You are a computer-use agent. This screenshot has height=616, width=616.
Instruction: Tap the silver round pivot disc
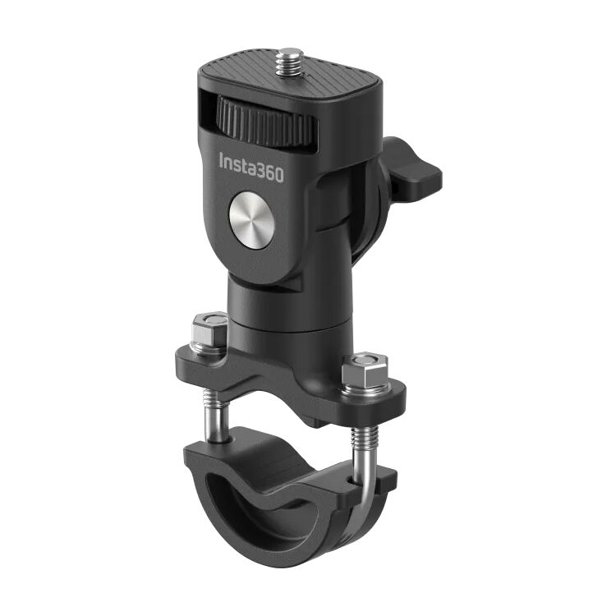(x=251, y=217)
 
